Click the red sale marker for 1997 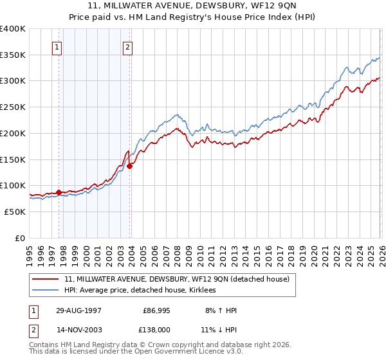59,192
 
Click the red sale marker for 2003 130,165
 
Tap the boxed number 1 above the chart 58,46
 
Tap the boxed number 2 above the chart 128,46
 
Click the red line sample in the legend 46,279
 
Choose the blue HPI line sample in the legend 46,290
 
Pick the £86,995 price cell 156,310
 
